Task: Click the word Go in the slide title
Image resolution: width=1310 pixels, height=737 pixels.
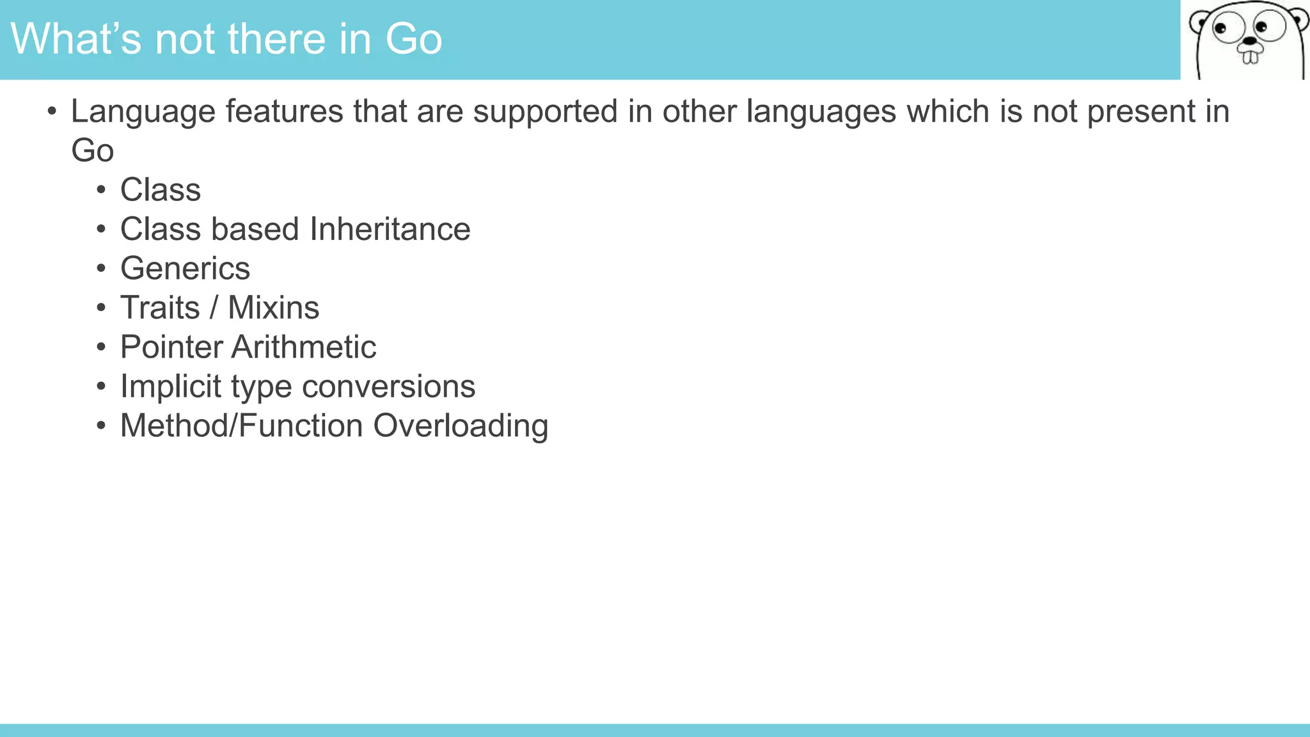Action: [413, 39]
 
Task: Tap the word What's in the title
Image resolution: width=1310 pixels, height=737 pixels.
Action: [75, 39]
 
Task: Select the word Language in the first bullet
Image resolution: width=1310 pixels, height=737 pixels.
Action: [143, 112]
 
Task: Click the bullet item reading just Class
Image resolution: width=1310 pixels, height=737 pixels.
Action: [161, 190]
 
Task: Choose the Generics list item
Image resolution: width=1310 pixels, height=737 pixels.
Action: [185, 269]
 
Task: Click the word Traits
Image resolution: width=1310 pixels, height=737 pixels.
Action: [160, 308]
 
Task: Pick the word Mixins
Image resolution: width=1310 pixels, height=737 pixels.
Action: [273, 308]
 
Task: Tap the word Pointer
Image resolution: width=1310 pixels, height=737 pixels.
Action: [171, 347]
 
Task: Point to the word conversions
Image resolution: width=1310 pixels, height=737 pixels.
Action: [388, 387]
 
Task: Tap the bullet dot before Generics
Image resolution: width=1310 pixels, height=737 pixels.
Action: [101, 269]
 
